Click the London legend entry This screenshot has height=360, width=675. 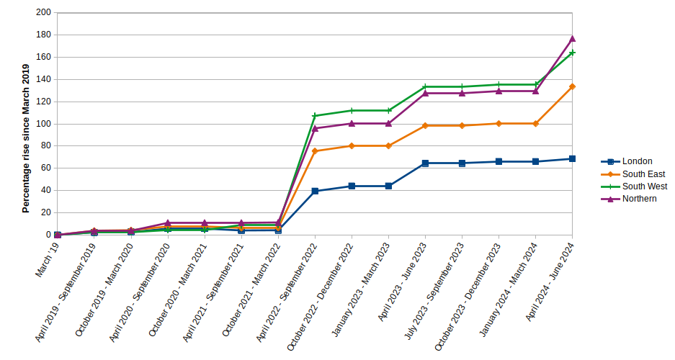coord(637,161)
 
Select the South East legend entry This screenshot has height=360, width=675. coord(643,174)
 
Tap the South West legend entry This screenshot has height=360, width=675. coord(644,186)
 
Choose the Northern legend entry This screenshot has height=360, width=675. coord(639,199)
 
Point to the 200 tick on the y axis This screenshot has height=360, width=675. coord(43,13)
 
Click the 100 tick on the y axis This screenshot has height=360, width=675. coord(43,124)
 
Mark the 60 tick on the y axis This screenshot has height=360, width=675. coord(45,168)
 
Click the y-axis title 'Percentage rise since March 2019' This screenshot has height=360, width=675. coord(26,138)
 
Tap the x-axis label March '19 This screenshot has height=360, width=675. coord(48,259)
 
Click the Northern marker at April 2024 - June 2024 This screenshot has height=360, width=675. coord(572,38)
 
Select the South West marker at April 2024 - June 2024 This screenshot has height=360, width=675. coord(572,53)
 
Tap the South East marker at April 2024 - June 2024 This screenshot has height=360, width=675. coord(572,86)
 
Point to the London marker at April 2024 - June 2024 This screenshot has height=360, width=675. coord(572,158)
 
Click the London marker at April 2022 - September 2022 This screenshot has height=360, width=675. coord(315,191)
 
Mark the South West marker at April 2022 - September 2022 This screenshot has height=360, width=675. coord(315,116)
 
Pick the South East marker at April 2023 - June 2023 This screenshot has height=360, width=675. coord(425,125)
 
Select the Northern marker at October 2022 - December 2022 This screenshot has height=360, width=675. coord(352,123)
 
